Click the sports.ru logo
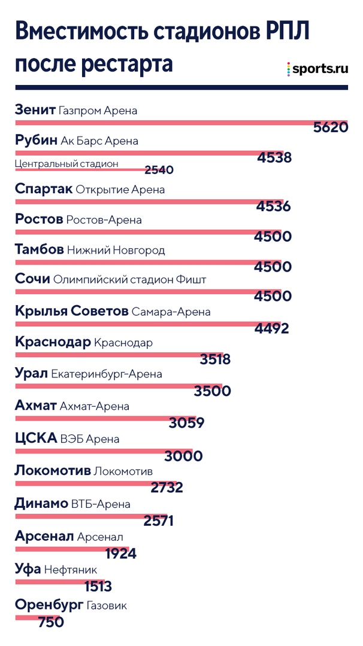tap(317, 69)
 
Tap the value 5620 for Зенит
tap(330, 127)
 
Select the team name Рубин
tap(35, 141)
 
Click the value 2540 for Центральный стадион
tap(159, 170)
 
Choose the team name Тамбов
tap(39, 249)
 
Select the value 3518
tap(215, 359)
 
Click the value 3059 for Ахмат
tap(187, 423)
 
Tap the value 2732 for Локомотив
tap(167, 487)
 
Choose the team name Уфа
tap(28, 569)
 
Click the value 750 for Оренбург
tap(50, 623)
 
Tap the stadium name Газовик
tap(106, 605)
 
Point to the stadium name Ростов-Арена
tap(104, 220)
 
